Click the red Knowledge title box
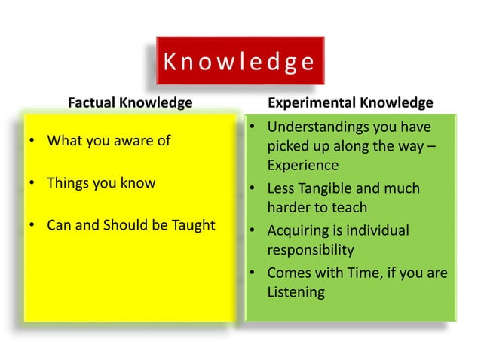coord(239,61)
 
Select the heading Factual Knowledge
coord(130,102)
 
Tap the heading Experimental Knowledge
coord(351,102)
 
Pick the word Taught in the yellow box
coord(194,225)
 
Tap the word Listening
coord(296,292)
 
